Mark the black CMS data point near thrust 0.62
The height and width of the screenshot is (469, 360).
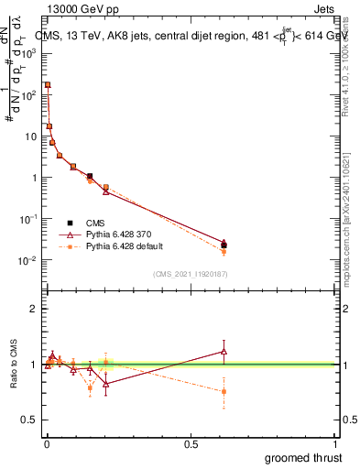[x=224, y=245]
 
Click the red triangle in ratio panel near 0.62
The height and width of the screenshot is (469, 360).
[x=224, y=351]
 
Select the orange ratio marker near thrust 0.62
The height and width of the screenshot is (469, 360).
[x=224, y=391]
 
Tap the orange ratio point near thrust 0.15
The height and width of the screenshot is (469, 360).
[x=90, y=387]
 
